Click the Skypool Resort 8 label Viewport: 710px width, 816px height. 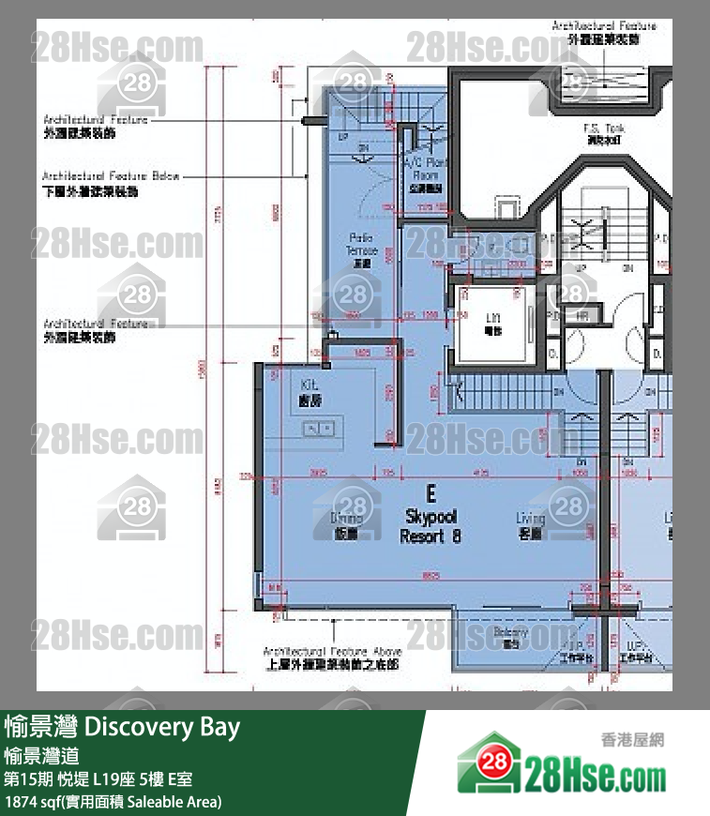[x=431, y=527]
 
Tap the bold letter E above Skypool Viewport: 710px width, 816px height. [x=431, y=493]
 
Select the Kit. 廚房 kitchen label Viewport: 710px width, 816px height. [x=310, y=393]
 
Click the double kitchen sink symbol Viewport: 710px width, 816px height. [x=316, y=429]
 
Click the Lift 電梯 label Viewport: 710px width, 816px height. [x=491, y=325]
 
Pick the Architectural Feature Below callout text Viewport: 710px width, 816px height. [x=111, y=183]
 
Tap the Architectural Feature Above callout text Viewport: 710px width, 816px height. [x=332, y=657]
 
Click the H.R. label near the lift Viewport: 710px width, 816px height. [x=582, y=316]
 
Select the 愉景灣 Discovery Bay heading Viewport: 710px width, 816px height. [x=122, y=727]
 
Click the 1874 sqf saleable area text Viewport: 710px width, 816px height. [x=113, y=802]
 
